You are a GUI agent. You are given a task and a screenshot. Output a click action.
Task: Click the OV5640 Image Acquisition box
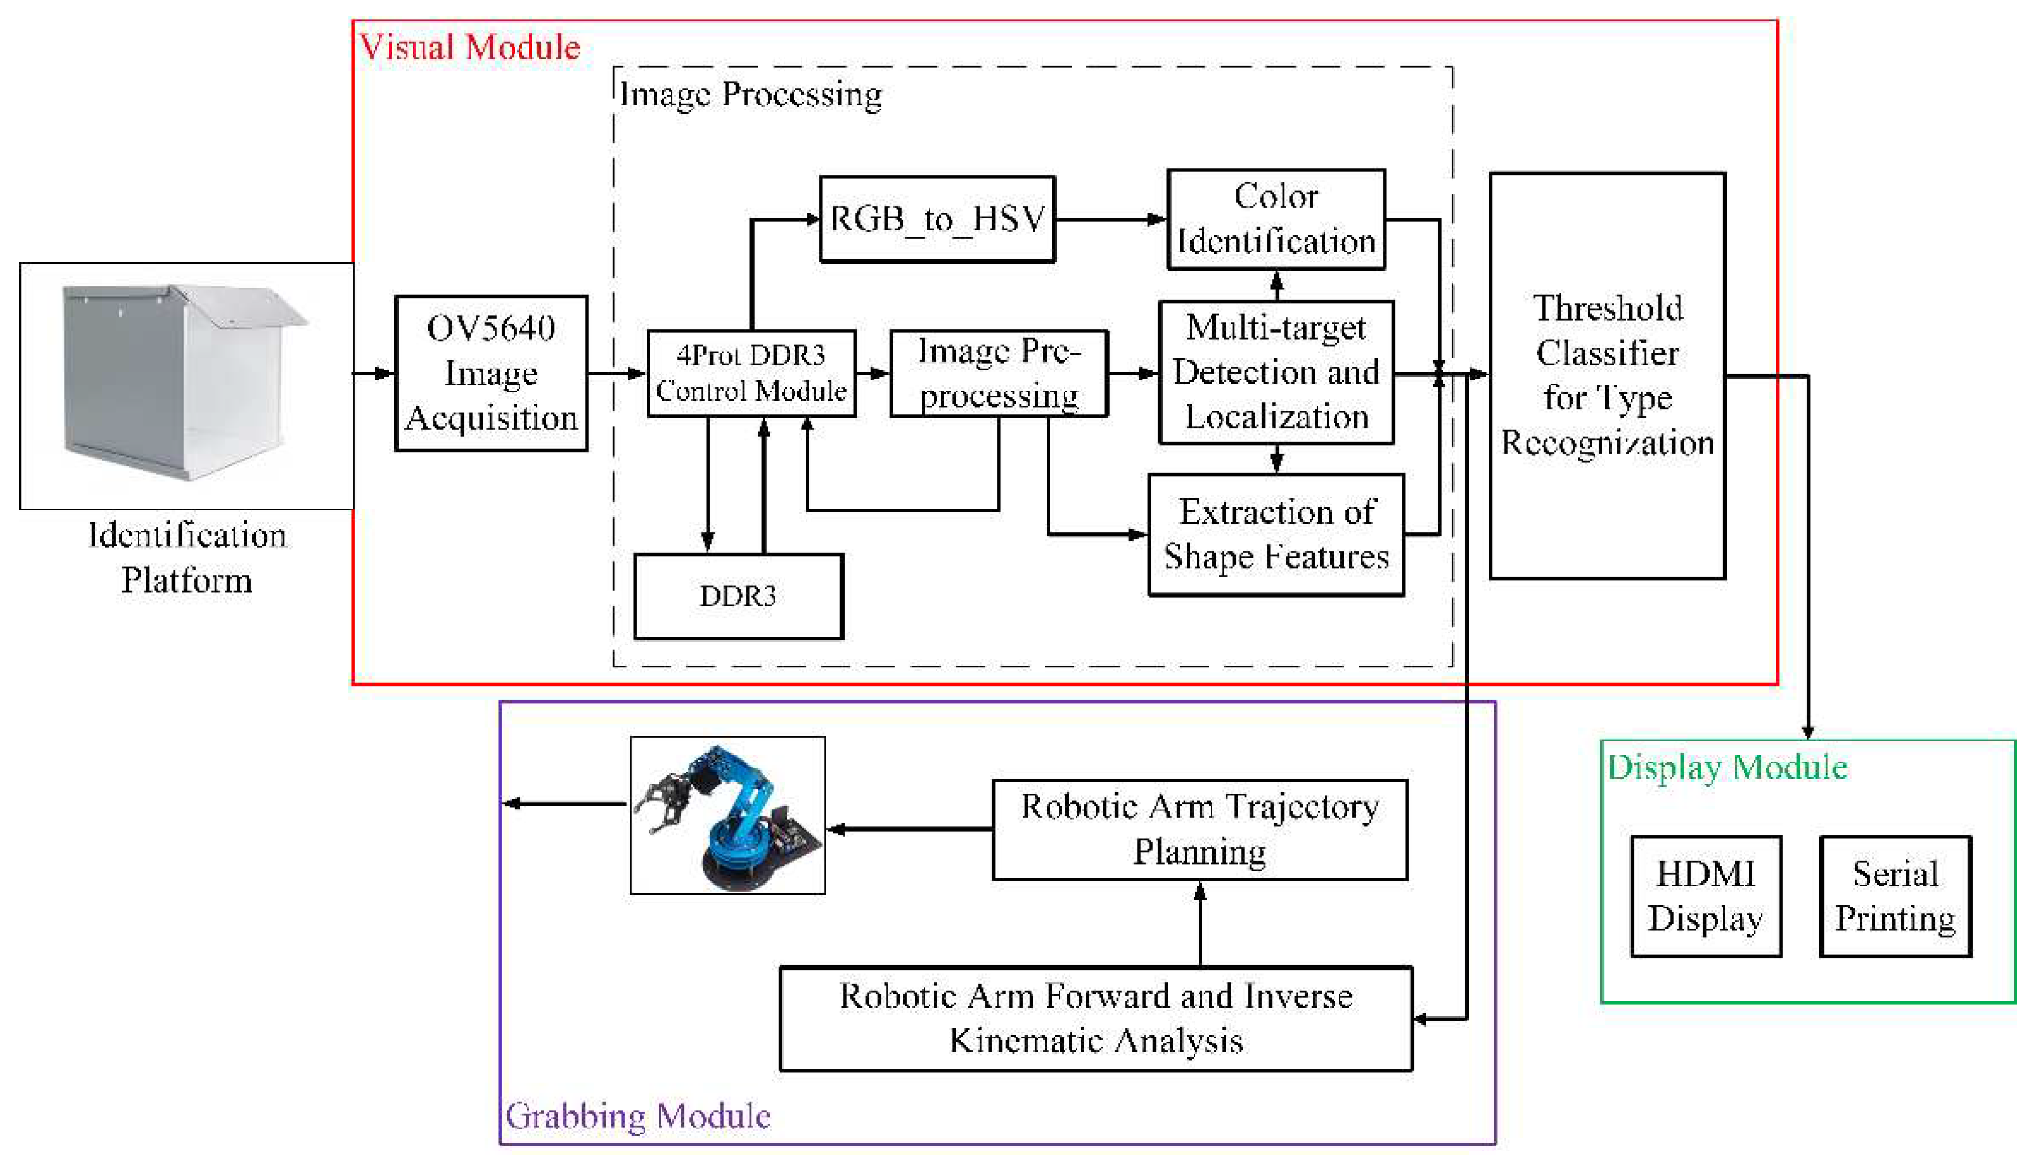pyautogui.click(x=491, y=374)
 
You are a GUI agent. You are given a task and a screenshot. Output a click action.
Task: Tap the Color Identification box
pyautogui.click(x=1276, y=219)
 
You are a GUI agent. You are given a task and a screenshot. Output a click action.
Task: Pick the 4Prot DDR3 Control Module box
pyautogui.click(x=751, y=374)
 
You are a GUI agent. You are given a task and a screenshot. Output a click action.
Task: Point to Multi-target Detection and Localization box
pyautogui.click(x=1276, y=372)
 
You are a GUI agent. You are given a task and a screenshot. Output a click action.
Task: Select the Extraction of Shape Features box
pyautogui.click(x=1276, y=534)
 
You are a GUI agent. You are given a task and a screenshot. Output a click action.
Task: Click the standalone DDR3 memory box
pyautogui.click(x=738, y=596)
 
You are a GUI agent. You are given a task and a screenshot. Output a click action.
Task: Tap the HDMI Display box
pyautogui.click(x=1706, y=896)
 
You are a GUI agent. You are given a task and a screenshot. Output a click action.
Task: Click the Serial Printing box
pyautogui.click(x=1895, y=896)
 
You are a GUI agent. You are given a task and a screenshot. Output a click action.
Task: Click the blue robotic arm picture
pyautogui.click(x=728, y=815)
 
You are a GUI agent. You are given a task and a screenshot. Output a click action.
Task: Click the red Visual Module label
pyautogui.click(x=470, y=47)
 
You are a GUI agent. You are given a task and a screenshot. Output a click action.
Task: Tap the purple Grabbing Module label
pyautogui.click(x=638, y=1115)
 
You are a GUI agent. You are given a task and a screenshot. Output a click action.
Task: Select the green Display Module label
pyautogui.click(x=1727, y=767)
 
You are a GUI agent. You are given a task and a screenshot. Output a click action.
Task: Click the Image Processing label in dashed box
pyautogui.click(x=750, y=94)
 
